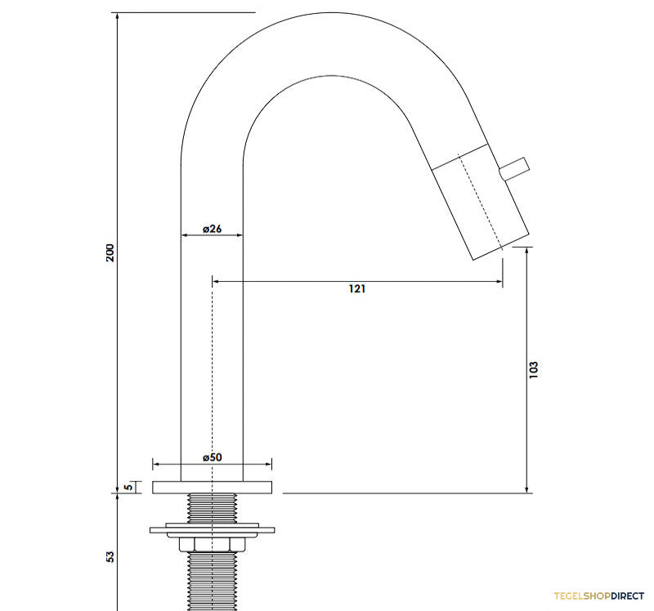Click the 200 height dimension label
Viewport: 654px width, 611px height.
point(110,252)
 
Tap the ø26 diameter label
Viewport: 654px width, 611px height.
point(212,229)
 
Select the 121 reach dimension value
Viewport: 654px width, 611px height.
point(357,288)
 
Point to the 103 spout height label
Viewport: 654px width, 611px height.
point(534,370)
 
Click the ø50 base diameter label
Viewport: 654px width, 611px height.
point(213,457)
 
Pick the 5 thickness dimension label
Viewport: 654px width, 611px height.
point(129,487)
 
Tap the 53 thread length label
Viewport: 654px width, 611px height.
point(110,557)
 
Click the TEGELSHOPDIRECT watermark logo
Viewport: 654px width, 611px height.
point(599,596)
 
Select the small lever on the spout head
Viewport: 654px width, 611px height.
point(515,169)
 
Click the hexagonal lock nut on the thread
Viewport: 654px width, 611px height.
point(213,545)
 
